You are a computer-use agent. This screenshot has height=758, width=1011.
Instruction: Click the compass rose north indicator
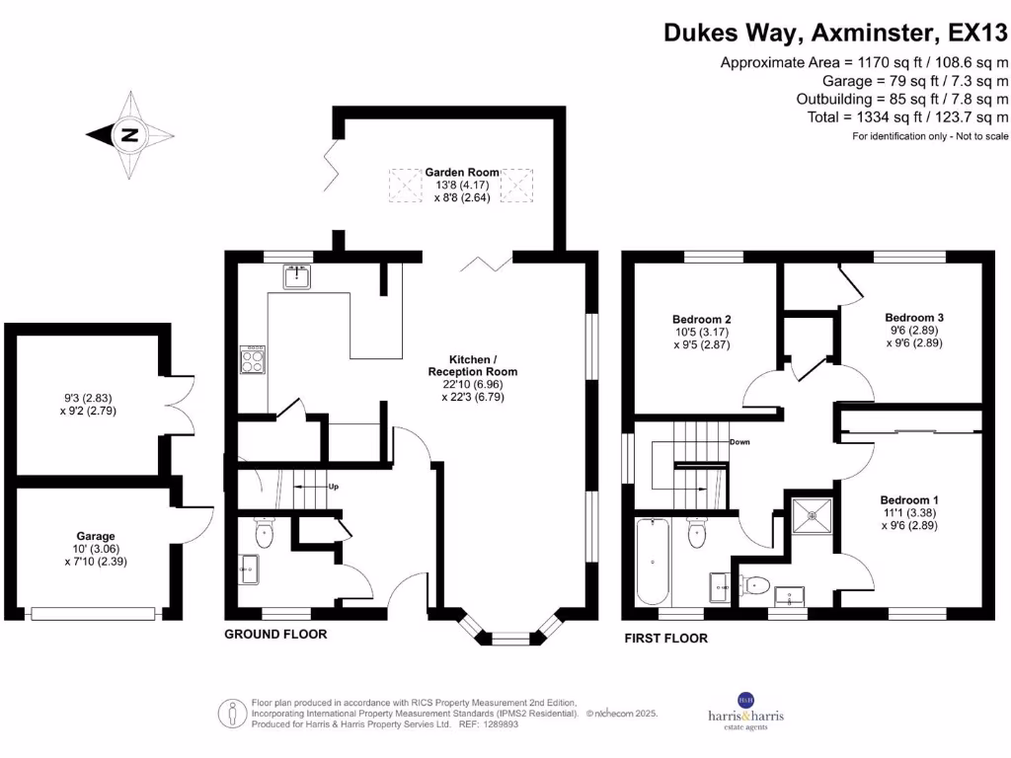129,135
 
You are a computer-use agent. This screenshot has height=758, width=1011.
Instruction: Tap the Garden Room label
462,173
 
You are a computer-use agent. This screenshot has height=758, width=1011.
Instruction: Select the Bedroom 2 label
701,319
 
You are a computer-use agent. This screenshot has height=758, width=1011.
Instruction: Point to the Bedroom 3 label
912,317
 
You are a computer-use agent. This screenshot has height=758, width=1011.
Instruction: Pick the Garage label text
96,537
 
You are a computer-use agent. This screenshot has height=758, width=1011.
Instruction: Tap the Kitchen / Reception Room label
472,365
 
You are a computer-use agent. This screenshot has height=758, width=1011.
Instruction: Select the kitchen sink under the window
296,277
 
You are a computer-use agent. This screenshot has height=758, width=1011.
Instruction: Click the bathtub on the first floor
654,563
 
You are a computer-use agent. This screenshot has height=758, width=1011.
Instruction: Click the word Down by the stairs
739,441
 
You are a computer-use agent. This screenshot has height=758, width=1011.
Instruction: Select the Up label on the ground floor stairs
334,487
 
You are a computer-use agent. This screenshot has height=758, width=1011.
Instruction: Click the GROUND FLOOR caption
275,634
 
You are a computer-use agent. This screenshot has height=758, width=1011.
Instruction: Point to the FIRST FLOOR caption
665,639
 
